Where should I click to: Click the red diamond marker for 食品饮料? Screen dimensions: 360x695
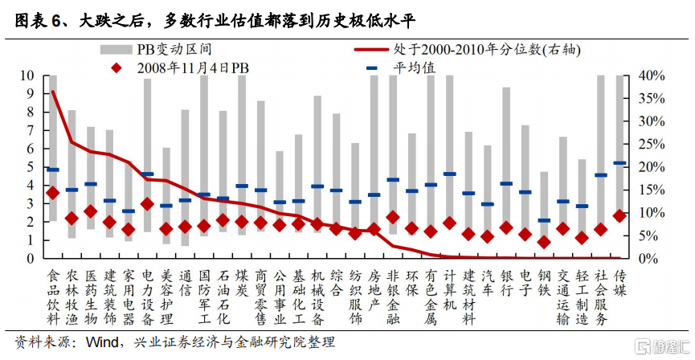point(53,193)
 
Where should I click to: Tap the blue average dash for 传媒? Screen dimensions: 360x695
point(619,163)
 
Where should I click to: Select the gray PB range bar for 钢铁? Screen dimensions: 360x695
point(544,209)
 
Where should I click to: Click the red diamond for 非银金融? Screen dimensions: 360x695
point(393,217)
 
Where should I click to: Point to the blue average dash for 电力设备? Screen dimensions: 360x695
point(147,174)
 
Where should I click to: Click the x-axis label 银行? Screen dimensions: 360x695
point(506,284)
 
